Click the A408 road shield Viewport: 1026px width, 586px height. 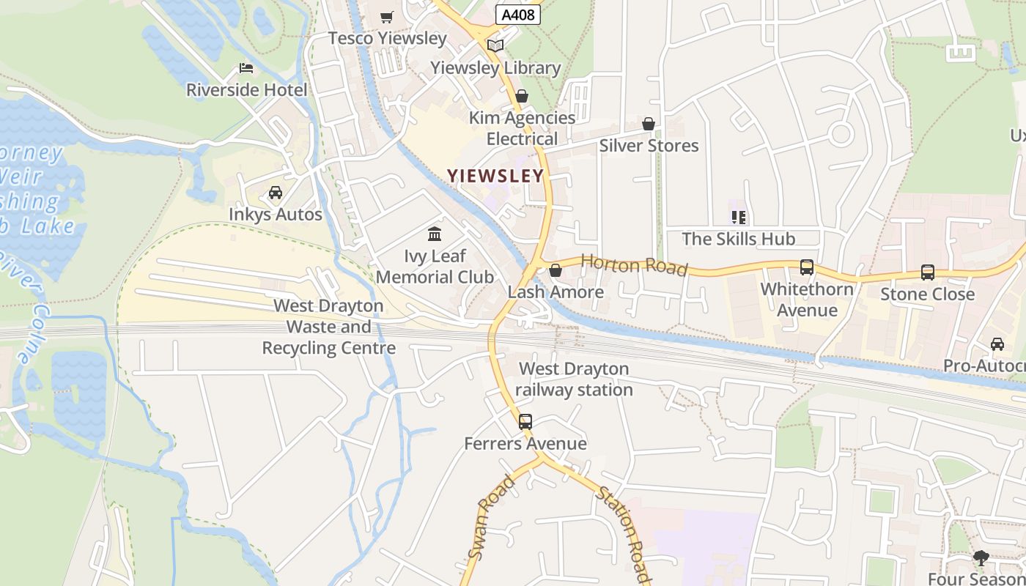point(518,15)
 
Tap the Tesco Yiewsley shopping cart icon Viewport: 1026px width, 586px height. point(387,17)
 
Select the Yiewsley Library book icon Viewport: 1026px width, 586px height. point(495,45)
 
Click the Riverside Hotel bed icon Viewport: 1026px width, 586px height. point(246,68)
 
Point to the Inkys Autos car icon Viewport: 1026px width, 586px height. point(276,193)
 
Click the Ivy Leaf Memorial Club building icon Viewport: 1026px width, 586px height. point(435,234)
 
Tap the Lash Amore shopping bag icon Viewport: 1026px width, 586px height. point(556,270)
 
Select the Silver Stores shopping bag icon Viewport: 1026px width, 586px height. point(649,124)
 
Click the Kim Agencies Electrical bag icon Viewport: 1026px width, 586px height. point(522,96)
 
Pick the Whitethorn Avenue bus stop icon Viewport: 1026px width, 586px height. point(807,267)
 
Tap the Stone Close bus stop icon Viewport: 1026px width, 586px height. point(928,272)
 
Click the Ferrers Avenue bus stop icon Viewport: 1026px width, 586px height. point(525,422)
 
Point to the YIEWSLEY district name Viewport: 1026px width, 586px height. point(496,176)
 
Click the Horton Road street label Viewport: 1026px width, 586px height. point(635,264)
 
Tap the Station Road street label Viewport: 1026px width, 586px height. point(623,534)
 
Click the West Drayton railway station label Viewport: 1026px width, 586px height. point(574,379)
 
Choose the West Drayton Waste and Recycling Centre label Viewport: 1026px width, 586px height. point(329,327)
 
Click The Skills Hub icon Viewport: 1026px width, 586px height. point(739,217)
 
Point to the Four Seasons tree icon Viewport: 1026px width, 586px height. point(981,558)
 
